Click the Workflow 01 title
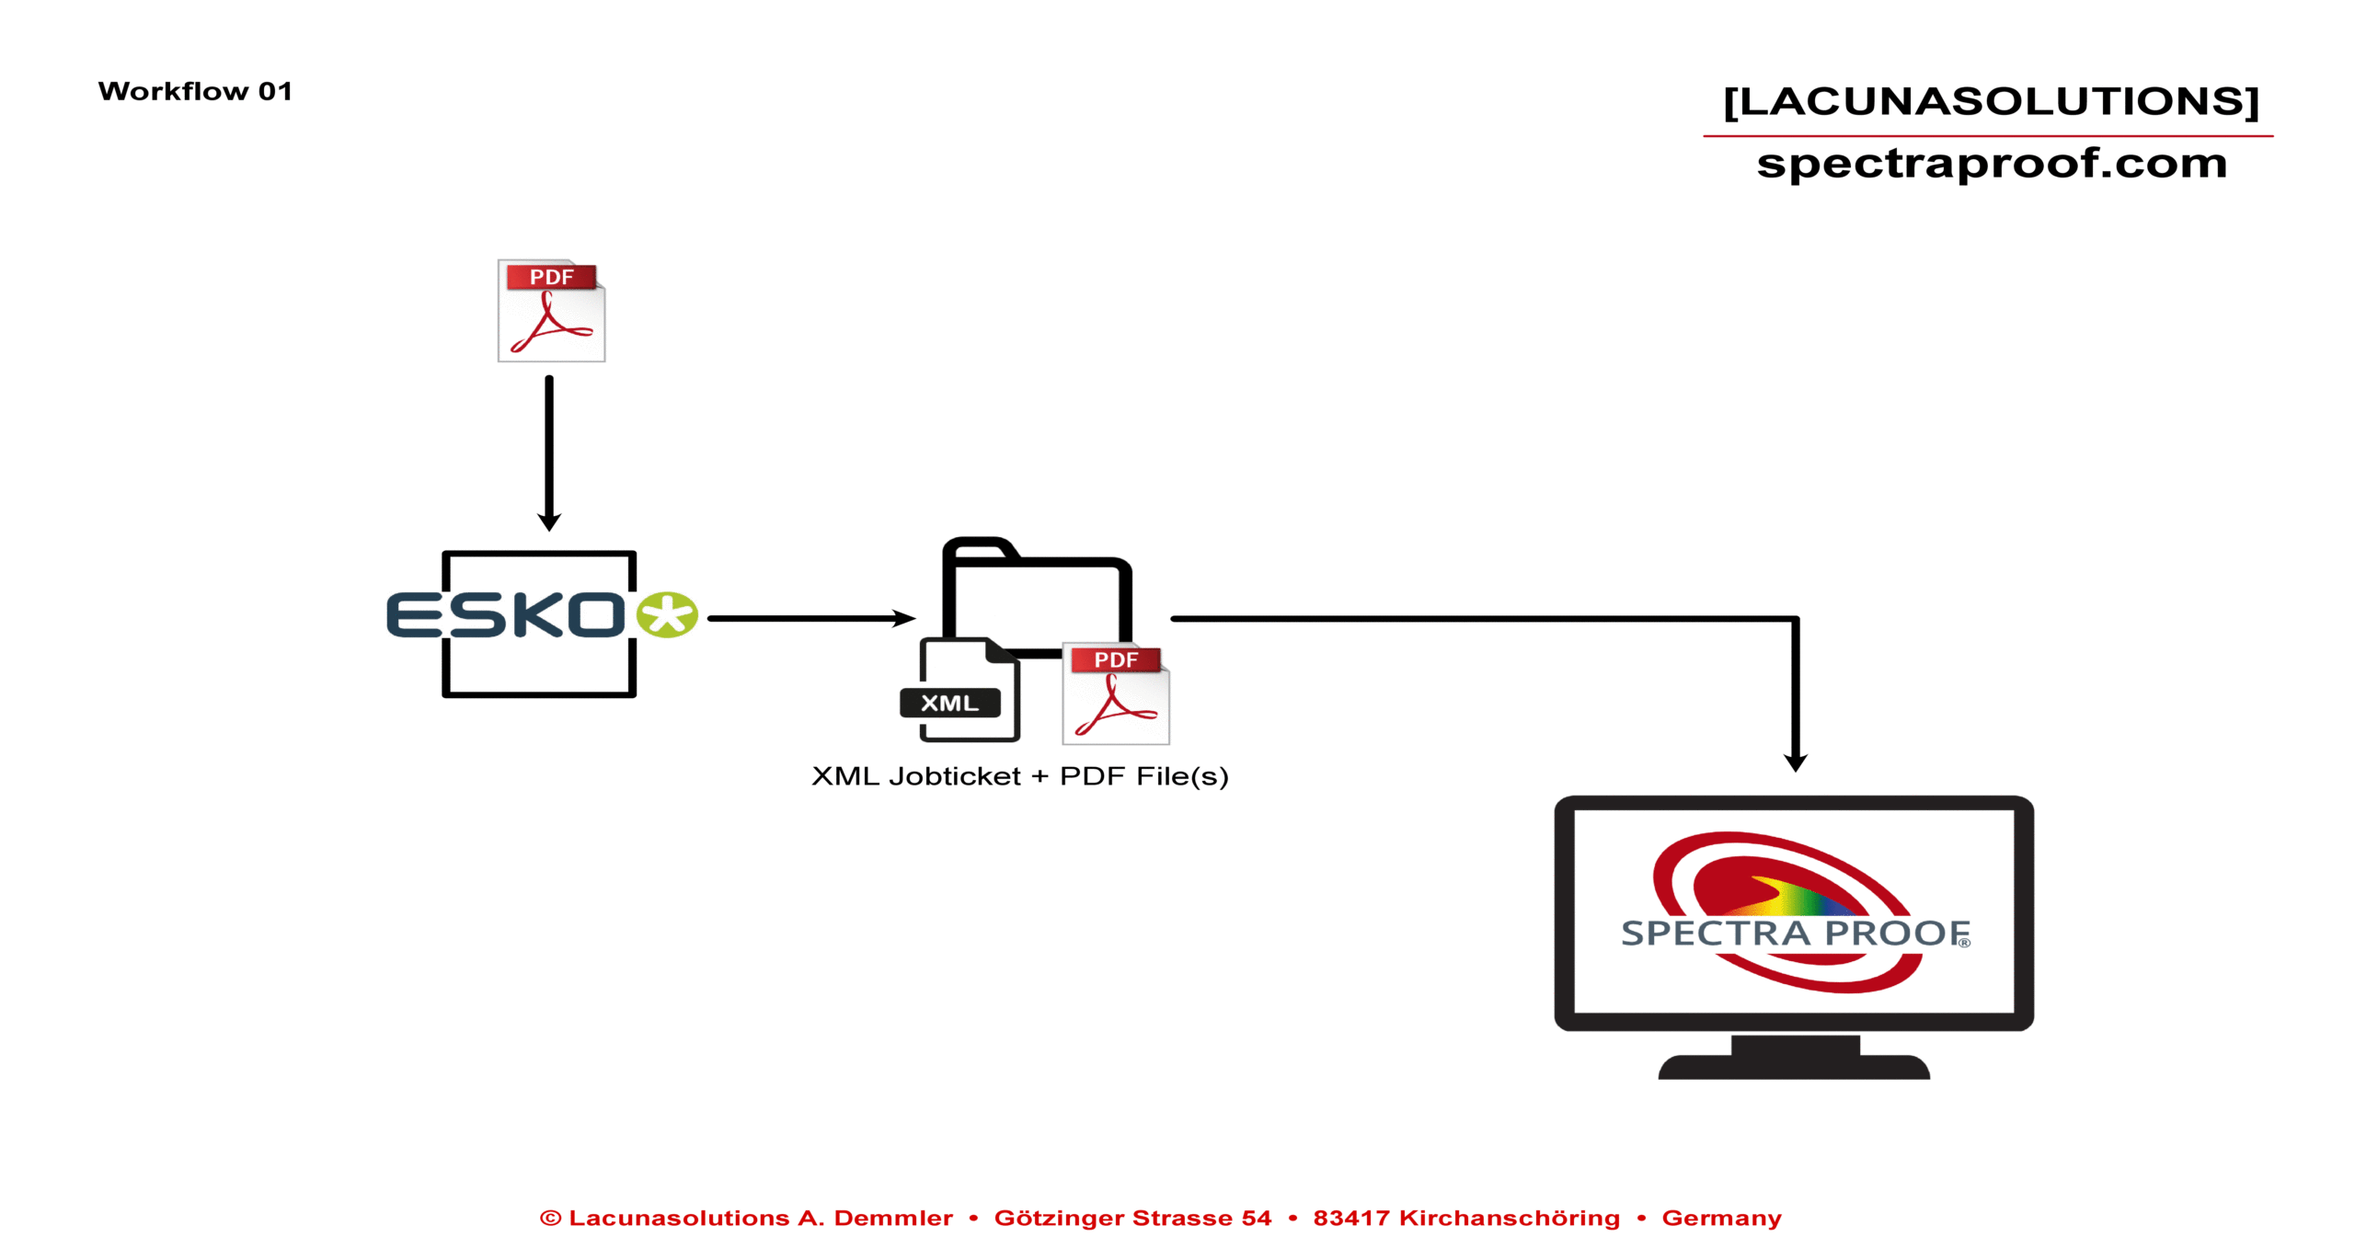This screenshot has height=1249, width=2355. point(195,91)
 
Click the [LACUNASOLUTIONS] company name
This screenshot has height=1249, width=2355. point(1991,101)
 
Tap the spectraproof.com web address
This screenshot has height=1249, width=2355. point(1991,164)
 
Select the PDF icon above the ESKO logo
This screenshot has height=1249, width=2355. point(551,311)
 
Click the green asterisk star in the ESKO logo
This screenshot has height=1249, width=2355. point(668,614)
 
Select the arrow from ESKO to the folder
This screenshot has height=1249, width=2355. point(810,619)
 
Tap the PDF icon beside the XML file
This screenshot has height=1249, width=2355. point(1116,694)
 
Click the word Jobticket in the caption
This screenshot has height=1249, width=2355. point(955,777)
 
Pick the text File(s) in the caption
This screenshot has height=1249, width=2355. point(1182,777)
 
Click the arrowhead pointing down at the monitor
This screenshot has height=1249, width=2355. point(1796,762)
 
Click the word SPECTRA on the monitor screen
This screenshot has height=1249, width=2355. point(1716,934)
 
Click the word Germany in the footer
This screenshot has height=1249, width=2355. point(1721,1219)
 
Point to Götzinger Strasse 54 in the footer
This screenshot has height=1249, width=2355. point(1132,1219)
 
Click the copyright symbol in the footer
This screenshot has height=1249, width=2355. point(550,1219)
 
